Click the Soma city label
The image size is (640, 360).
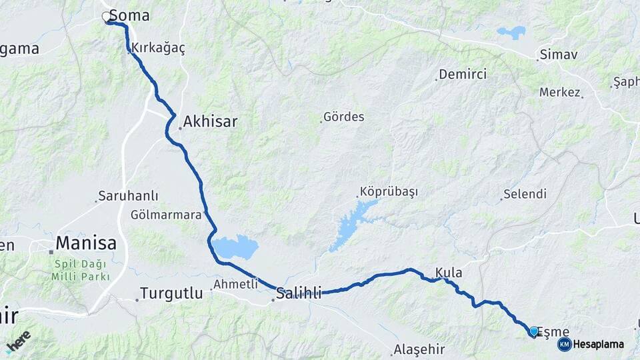coord(129,15)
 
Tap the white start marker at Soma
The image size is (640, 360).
coord(107,17)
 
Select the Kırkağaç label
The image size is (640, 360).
coord(159,48)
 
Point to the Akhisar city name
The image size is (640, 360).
coord(210,122)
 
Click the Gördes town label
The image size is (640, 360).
coord(343,117)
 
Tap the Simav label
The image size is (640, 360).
coord(559,55)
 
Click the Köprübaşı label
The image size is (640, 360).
coord(389,192)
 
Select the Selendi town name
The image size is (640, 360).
coord(525,195)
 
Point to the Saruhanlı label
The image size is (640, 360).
coord(128,196)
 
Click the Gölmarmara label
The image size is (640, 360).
coord(166,215)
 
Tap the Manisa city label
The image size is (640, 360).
coord(86,243)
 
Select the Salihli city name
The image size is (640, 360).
coord(299,293)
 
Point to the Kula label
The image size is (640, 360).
coord(449,273)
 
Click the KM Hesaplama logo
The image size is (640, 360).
coord(591,344)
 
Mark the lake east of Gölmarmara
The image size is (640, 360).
coord(236,247)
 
